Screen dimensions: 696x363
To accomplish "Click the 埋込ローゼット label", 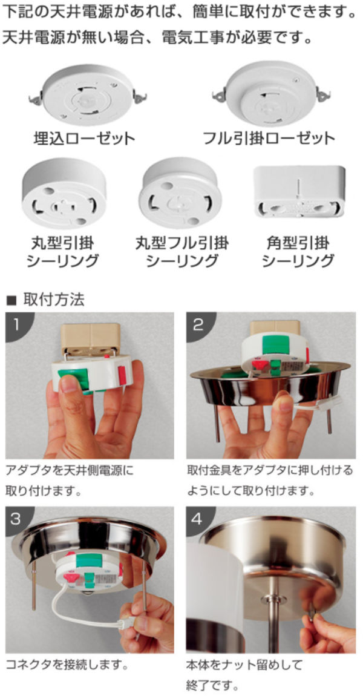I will (84, 137).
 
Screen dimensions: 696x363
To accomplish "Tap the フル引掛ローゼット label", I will (269, 137).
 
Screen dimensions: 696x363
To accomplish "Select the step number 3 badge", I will (16, 519).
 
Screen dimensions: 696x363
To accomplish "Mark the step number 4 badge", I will (198, 519).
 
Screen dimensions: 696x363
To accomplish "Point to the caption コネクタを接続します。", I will (67, 665).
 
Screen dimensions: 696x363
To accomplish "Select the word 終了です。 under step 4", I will (212, 686).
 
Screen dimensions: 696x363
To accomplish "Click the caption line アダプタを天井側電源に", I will (69, 470).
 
